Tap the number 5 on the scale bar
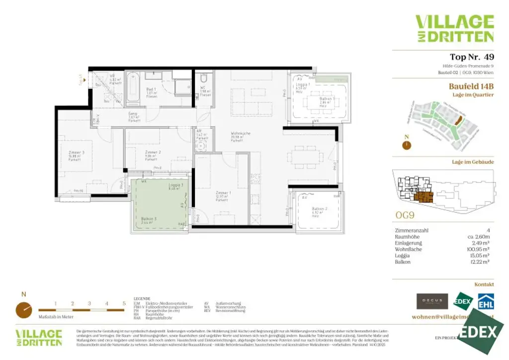(124, 303)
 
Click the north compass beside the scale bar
(23, 310)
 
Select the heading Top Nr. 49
(471, 57)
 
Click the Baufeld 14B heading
(471, 86)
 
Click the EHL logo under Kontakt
(485, 301)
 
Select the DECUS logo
(432, 301)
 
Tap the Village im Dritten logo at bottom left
(38, 337)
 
